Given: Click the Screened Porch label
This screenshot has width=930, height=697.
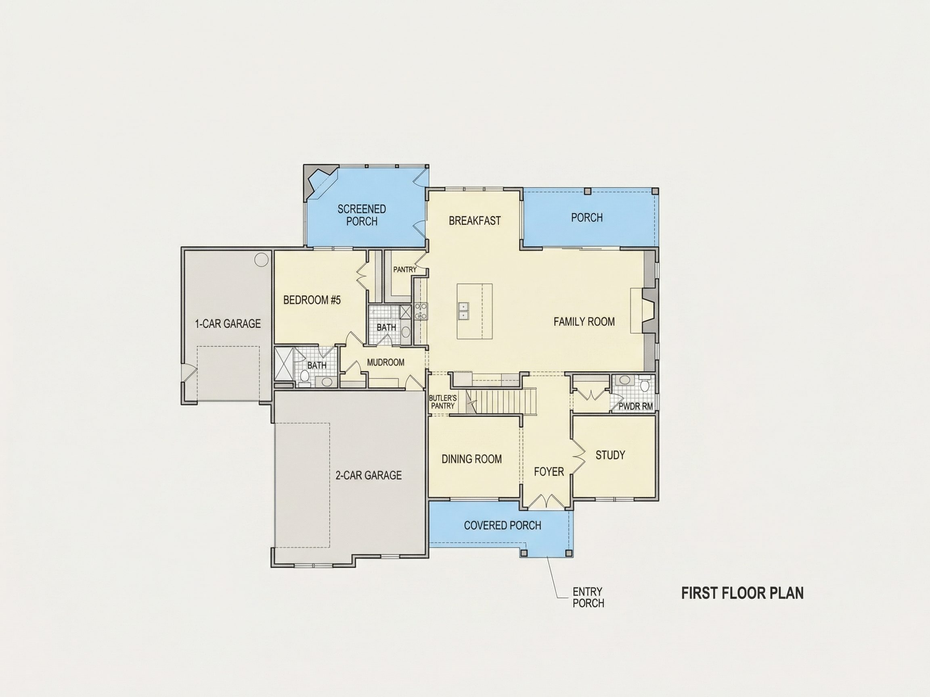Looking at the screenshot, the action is (362, 215).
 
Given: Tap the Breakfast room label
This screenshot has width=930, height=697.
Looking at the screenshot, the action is (475, 221).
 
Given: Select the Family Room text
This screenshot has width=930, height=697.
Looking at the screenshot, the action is (584, 322).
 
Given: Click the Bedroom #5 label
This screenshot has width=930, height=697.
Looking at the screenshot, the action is (312, 300).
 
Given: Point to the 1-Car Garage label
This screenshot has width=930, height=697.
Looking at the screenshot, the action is (228, 323).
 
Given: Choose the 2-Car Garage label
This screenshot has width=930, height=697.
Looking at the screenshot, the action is (368, 475).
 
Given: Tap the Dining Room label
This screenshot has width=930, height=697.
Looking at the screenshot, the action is (471, 459).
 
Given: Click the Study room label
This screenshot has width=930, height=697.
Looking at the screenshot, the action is (610, 455).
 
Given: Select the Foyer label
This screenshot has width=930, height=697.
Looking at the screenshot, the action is (549, 472).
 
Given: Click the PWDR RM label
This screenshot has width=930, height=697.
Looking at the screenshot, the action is (636, 406).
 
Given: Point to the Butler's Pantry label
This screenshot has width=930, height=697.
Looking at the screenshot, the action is (443, 402).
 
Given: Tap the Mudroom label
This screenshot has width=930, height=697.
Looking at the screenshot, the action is (385, 362).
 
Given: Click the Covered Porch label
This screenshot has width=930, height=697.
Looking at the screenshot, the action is (503, 525).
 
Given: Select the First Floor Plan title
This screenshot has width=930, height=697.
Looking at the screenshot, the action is (742, 593).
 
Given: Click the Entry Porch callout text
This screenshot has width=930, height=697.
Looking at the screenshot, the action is (588, 597).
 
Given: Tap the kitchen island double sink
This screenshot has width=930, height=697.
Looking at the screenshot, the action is (463, 311).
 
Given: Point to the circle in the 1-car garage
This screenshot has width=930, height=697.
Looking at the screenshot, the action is (261, 259).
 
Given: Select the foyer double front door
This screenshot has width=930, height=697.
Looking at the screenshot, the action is (546, 502).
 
